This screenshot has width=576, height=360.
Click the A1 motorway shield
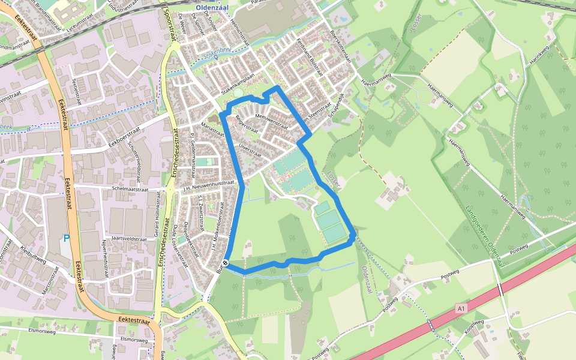(x=461, y=308)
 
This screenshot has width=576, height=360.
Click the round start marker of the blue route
(x=225, y=263)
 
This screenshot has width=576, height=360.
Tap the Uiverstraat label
(x=250, y=149)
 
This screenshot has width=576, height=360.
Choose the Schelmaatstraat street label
(x=125, y=188)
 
